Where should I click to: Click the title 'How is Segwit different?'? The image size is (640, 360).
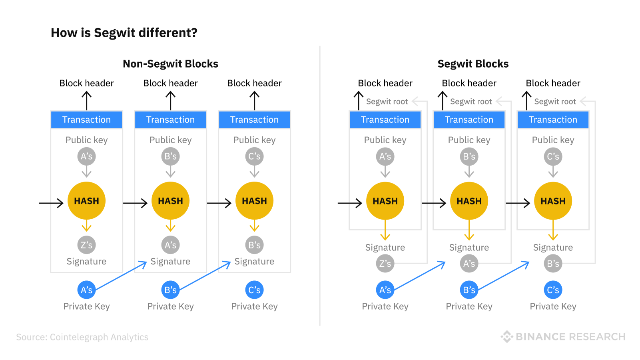(x=124, y=33)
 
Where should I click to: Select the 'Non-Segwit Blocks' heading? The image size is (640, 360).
(x=170, y=64)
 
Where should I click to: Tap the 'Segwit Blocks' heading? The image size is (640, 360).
(x=473, y=64)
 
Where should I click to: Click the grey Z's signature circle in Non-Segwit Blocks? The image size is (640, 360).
(x=86, y=245)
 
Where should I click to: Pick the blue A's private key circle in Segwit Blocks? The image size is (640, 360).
(x=385, y=290)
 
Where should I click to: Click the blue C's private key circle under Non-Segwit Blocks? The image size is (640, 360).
(x=254, y=290)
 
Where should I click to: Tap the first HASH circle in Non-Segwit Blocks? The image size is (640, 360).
(x=86, y=201)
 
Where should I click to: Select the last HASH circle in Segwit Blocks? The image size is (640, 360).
(x=553, y=201)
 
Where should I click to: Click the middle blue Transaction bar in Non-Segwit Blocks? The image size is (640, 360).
(x=170, y=120)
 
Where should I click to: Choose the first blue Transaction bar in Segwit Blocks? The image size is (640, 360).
(x=385, y=120)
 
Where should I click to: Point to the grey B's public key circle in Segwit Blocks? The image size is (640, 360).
(x=469, y=156)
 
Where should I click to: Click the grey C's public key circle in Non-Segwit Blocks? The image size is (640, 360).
(x=254, y=156)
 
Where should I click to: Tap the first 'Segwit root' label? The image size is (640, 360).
(x=387, y=102)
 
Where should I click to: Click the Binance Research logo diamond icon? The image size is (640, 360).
(x=507, y=337)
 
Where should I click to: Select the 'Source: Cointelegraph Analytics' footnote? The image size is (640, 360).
(x=82, y=337)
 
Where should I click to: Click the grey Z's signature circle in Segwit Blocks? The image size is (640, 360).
(x=385, y=264)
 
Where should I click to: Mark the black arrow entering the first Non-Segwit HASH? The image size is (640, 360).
(x=51, y=203)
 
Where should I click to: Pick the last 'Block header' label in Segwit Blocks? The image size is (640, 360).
(x=553, y=83)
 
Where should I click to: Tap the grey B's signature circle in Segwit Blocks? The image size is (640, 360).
(x=553, y=264)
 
